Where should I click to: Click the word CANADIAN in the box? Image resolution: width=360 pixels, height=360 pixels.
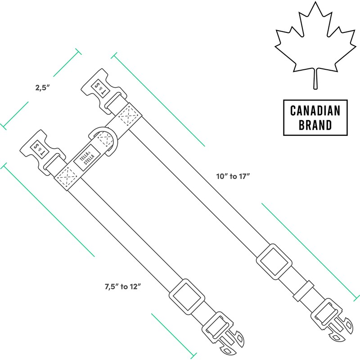click(x=315, y=110)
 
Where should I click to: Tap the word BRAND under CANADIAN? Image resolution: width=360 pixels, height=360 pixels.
click(x=315, y=124)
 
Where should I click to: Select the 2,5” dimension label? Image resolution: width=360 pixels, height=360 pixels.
click(x=42, y=88)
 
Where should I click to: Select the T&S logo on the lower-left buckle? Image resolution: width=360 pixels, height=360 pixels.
click(x=39, y=147)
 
